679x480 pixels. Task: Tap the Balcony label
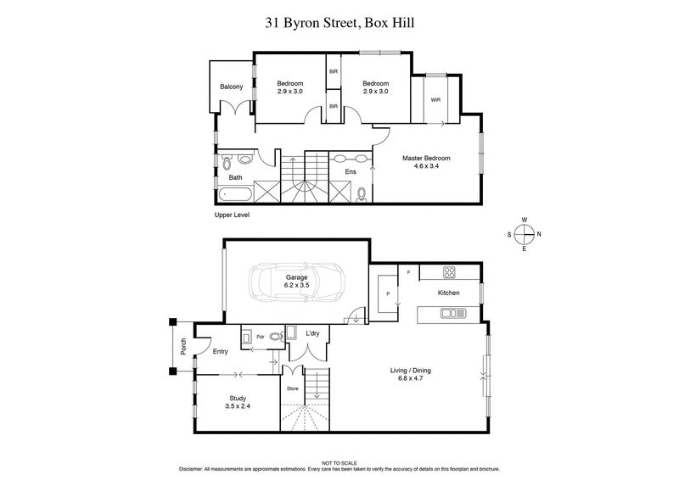[x=232, y=87]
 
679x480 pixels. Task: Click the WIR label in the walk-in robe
[x=435, y=99]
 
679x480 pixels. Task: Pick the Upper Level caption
[x=232, y=216]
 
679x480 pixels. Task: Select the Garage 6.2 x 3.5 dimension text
[x=296, y=282]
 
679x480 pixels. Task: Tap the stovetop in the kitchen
[x=450, y=273]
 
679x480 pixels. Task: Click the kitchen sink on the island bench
[x=448, y=314]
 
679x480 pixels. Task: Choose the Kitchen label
[x=448, y=293]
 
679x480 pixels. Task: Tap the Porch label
[x=182, y=346]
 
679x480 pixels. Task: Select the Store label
[x=292, y=389]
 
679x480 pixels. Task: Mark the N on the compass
[x=540, y=234]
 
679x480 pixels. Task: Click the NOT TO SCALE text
[x=339, y=462]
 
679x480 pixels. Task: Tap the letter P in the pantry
[x=387, y=293]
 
